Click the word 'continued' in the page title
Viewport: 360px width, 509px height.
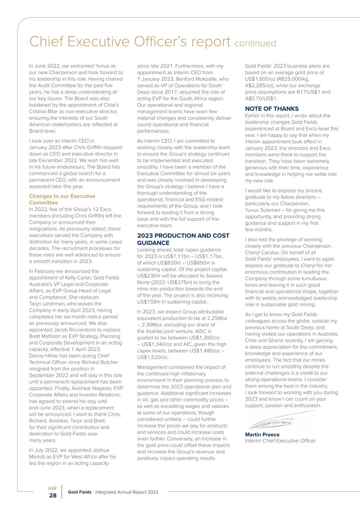click(x=256, y=43)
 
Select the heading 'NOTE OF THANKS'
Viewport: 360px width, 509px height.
click(x=272, y=109)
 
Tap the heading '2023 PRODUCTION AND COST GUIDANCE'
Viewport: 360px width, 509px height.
click(x=183, y=239)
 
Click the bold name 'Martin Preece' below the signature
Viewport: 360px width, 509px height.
click(x=262, y=434)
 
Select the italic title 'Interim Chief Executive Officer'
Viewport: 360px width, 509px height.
click(x=280, y=441)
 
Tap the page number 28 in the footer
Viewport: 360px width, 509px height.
click(x=53, y=496)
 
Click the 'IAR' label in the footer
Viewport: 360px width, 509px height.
click(x=52, y=488)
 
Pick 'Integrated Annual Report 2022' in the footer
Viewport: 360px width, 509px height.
click(x=127, y=492)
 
